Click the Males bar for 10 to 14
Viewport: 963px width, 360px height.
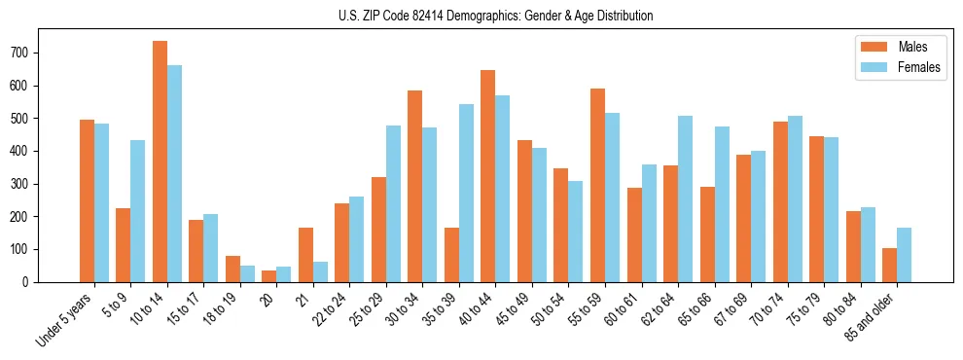(x=160, y=162)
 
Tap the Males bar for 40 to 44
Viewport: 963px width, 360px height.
(x=488, y=176)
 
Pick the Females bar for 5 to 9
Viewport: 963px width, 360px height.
(x=138, y=211)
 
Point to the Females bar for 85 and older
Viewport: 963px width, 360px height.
(x=905, y=255)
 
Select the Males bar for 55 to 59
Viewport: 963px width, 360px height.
(x=597, y=185)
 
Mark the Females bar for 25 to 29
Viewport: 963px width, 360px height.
(x=393, y=203)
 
